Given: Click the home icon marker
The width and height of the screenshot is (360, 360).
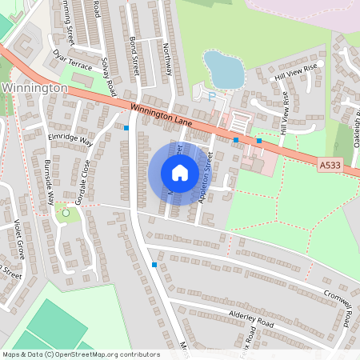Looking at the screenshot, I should (x=180, y=173).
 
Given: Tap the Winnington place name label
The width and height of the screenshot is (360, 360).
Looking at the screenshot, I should (x=33, y=86).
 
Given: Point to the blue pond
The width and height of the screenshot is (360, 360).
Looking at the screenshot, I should (x=223, y=69).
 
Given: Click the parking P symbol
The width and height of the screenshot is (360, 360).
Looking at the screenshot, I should (x=212, y=95).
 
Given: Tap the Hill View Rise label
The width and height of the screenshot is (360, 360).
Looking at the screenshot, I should (x=296, y=72).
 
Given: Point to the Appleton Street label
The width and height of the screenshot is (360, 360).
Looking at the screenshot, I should (x=204, y=178).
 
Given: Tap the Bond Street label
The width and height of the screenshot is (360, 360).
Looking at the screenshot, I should (x=134, y=55).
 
